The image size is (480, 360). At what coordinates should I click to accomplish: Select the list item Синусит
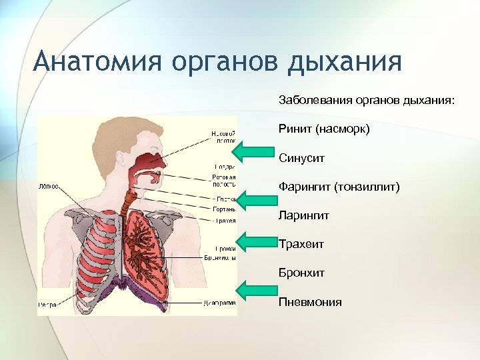(301, 158)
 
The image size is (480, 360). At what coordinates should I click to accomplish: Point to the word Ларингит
(304, 215)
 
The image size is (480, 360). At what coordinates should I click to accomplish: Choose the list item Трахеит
(301, 244)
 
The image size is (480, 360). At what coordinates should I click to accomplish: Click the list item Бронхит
(301, 273)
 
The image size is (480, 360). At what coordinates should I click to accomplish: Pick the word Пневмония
(310, 302)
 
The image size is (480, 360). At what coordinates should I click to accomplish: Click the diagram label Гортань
(223, 209)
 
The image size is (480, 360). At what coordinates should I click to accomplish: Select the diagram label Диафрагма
(219, 303)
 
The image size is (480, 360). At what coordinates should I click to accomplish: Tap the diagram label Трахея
(224, 220)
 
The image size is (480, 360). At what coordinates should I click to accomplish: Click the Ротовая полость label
(224, 181)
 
